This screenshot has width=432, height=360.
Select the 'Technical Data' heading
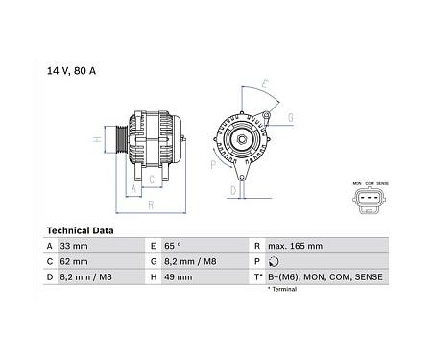click(80, 231)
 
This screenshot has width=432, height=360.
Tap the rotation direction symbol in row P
click(275, 262)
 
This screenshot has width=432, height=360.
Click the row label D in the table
click(50, 277)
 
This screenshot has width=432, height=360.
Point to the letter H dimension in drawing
click(97, 140)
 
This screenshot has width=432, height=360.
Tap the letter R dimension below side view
click(152, 204)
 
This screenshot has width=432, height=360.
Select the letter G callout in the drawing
click(289, 119)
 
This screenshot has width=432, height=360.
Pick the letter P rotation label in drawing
click(213, 165)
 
